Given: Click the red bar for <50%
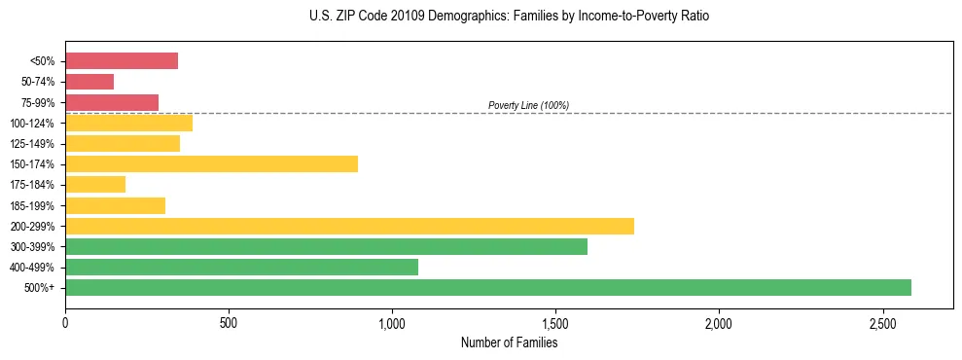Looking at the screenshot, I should (x=122, y=61).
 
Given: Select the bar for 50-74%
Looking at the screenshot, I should (x=89, y=82).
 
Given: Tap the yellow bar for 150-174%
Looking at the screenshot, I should (x=211, y=163).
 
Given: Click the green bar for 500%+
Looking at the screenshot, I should (x=487, y=287).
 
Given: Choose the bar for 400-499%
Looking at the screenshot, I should (x=241, y=267).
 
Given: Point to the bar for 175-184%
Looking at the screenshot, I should (x=95, y=184).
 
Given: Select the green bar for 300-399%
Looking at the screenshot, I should (x=326, y=246).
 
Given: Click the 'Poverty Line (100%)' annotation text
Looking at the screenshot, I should (x=528, y=105).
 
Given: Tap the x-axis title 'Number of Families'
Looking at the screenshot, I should (x=509, y=342).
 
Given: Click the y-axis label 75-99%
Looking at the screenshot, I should (x=38, y=102).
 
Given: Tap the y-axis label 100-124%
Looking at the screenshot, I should (x=34, y=123).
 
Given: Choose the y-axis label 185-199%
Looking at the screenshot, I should (x=34, y=205).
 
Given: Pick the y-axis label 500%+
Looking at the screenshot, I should (x=40, y=287).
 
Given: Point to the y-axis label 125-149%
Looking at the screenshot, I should (x=34, y=143).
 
